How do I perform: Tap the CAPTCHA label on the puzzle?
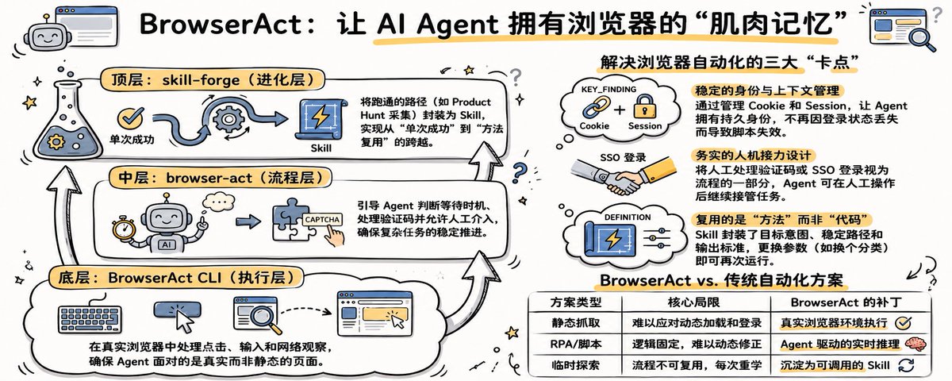(322, 219)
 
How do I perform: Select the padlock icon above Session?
(645, 106)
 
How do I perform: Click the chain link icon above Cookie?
(596, 106)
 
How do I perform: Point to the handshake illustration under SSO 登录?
(623, 176)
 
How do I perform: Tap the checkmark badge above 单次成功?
(130, 118)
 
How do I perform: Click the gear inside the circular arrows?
(228, 117)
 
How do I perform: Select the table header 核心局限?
(693, 302)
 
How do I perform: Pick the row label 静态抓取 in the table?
(575, 323)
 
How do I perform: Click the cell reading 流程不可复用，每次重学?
(697, 365)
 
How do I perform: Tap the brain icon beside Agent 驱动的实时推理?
(916, 344)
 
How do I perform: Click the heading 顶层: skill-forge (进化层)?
(213, 79)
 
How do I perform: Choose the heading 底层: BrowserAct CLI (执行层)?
(176, 278)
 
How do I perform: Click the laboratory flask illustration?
(67, 120)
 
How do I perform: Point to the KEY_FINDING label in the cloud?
(608, 89)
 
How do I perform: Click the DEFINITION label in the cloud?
(628, 217)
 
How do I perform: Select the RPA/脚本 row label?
(575, 344)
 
